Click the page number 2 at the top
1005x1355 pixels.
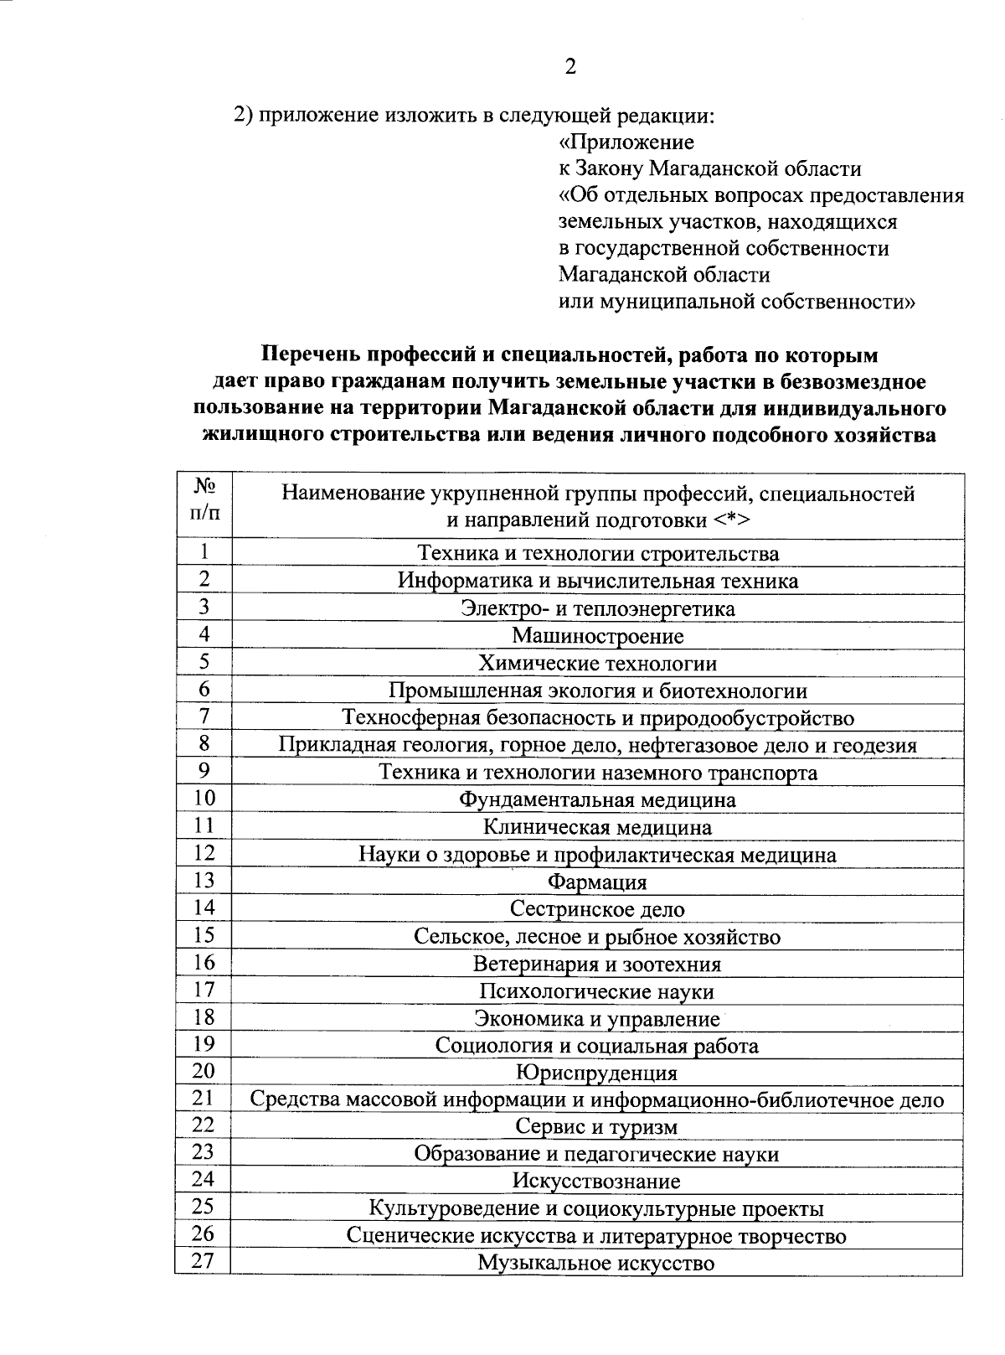(569, 67)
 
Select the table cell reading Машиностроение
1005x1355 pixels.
(597, 636)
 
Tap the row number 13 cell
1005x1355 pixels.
(204, 880)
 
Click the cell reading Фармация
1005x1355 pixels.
(597, 882)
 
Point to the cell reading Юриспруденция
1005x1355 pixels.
(597, 1073)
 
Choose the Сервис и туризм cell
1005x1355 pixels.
(597, 1127)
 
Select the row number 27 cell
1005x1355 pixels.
(204, 1260)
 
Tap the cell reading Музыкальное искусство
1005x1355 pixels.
(597, 1263)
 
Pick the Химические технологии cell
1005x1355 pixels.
(597, 664)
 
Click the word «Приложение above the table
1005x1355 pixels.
(626, 142)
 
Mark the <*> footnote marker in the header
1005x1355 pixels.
(732, 520)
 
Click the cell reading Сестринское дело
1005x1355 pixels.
(597, 909)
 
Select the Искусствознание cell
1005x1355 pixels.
(597, 1182)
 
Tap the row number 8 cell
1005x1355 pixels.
(204, 743)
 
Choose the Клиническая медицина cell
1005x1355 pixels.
(597, 828)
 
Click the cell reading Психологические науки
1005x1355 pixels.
(597, 991)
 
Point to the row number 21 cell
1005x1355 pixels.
(204, 1097)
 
